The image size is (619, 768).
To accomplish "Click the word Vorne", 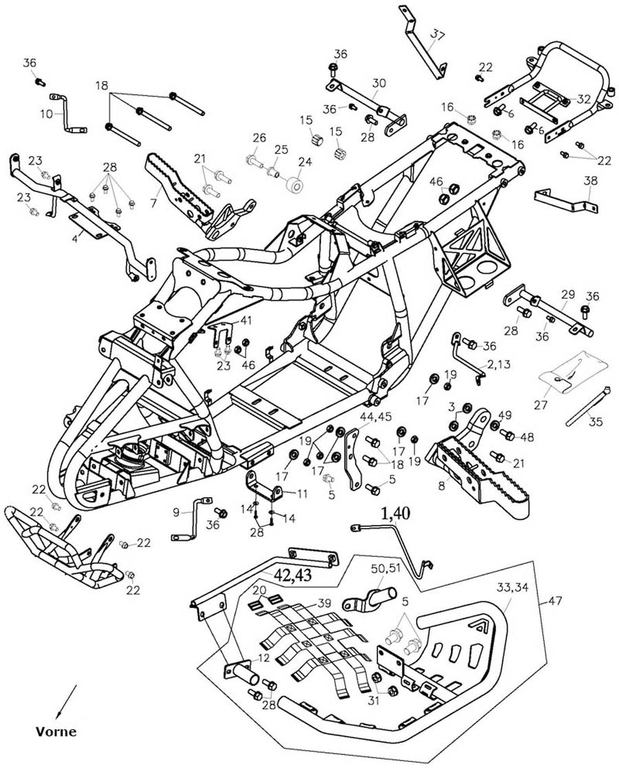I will coord(56,732).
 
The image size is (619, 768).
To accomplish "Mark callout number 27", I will coord(541,405).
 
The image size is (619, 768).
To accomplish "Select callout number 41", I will coord(246,320).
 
